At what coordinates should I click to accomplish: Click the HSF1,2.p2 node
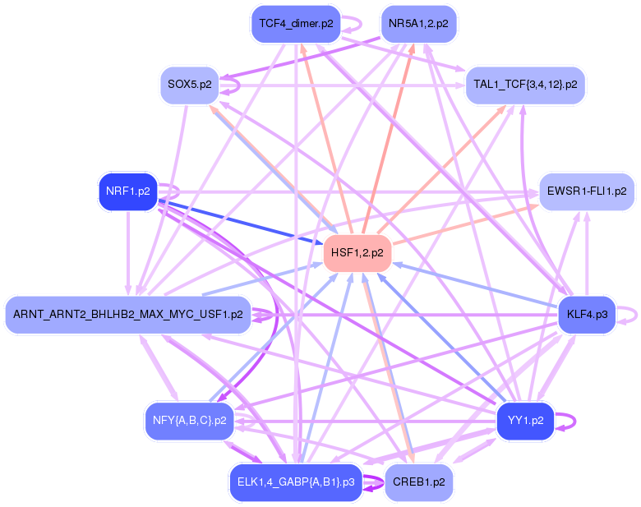pyautogui.click(x=357, y=253)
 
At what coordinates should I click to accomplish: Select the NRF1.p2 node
pyautogui.click(x=128, y=191)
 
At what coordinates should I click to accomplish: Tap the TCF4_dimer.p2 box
pyautogui.click(x=296, y=24)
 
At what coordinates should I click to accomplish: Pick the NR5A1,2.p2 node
pyautogui.click(x=418, y=24)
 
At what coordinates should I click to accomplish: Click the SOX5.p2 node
pyautogui.click(x=190, y=85)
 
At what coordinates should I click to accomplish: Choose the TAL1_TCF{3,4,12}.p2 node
pyautogui.click(x=525, y=85)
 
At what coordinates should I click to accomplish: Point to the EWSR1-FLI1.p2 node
pyautogui.click(x=587, y=191)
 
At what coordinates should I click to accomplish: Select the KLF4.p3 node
pyautogui.click(x=587, y=315)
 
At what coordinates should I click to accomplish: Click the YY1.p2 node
pyautogui.click(x=525, y=422)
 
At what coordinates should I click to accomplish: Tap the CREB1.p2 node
pyautogui.click(x=418, y=482)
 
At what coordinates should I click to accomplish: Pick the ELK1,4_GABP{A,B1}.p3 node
pyautogui.click(x=296, y=482)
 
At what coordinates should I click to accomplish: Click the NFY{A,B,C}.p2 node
pyautogui.click(x=190, y=422)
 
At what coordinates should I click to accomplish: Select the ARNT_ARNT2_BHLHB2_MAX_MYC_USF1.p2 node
pyautogui.click(x=128, y=315)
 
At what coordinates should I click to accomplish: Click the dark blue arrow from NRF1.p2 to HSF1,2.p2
pyautogui.click(x=240, y=223)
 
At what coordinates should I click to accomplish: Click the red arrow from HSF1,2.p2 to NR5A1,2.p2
pyautogui.click(x=388, y=139)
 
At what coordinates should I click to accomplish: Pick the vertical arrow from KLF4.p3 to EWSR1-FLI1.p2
pyautogui.click(x=587, y=253)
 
